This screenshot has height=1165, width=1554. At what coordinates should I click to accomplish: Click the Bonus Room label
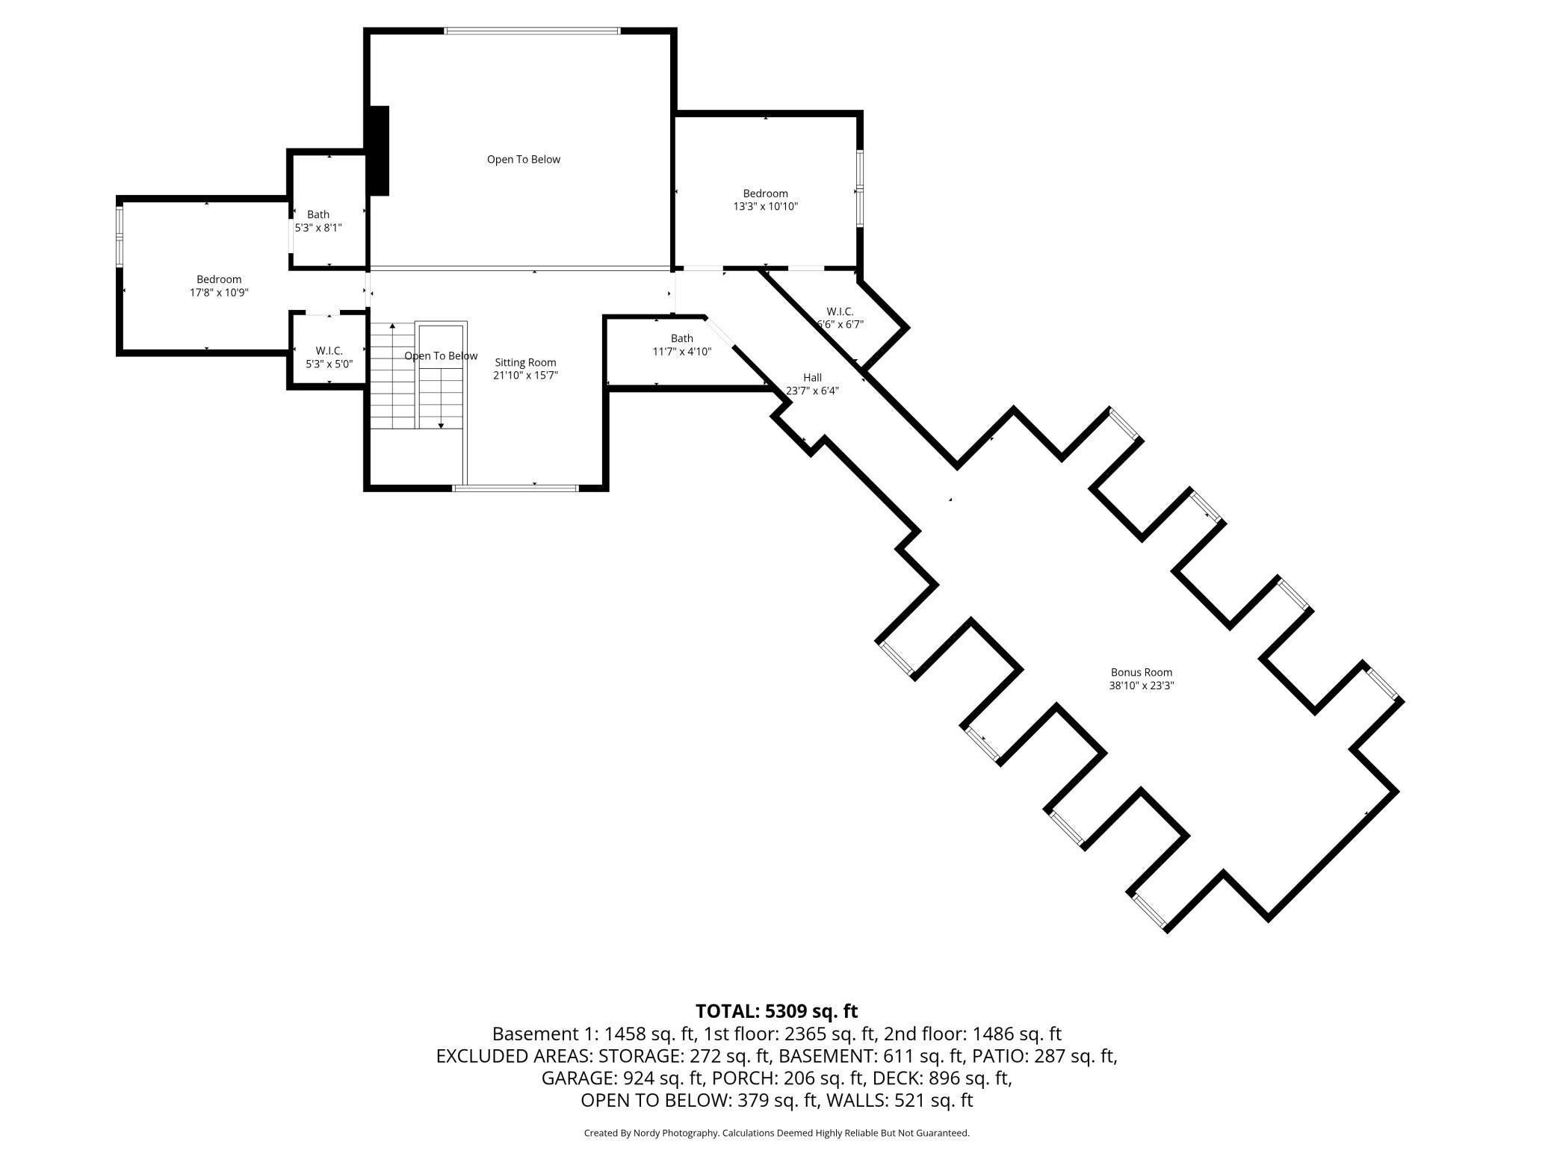(x=1141, y=672)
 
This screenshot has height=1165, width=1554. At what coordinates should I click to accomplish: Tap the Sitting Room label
(x=525, y=363)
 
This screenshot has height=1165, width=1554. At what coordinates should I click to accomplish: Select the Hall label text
(x=812, y=378)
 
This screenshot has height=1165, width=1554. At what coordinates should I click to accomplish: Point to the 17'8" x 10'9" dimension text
(x=219, y=293)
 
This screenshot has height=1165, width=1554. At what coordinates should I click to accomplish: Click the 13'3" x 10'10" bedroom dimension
(x=766, y=207)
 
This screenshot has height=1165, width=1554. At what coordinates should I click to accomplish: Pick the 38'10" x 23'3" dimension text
(x=1142, y=686)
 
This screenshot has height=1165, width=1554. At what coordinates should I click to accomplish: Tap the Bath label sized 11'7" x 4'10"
(x=682, y=338)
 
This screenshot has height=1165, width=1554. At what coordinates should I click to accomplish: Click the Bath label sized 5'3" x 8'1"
(x=318, y=214)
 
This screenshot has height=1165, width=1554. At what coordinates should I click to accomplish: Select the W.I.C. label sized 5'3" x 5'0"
(x=329, y=351)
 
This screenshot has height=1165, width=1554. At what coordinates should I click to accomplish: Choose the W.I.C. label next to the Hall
(x=840, y=311)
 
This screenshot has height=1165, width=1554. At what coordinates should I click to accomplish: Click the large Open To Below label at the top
(x=524, y=159)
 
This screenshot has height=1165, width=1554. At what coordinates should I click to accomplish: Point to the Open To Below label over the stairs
(x=441, y=356)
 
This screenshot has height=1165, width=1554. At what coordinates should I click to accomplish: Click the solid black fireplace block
(x=380, y=151)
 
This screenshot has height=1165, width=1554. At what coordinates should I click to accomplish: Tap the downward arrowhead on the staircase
(x=441, y=426)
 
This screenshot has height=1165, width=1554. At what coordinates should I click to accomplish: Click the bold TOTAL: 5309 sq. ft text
(x=777, y=1011)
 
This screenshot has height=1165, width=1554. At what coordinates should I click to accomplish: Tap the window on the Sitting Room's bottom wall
(x=516, y=488)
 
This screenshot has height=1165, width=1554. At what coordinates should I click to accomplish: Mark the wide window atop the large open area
(x=532, y=31)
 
